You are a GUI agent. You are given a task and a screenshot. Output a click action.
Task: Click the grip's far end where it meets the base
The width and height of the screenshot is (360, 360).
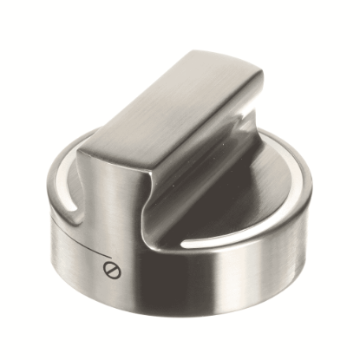pyautogui.click(x=260, y=117)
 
